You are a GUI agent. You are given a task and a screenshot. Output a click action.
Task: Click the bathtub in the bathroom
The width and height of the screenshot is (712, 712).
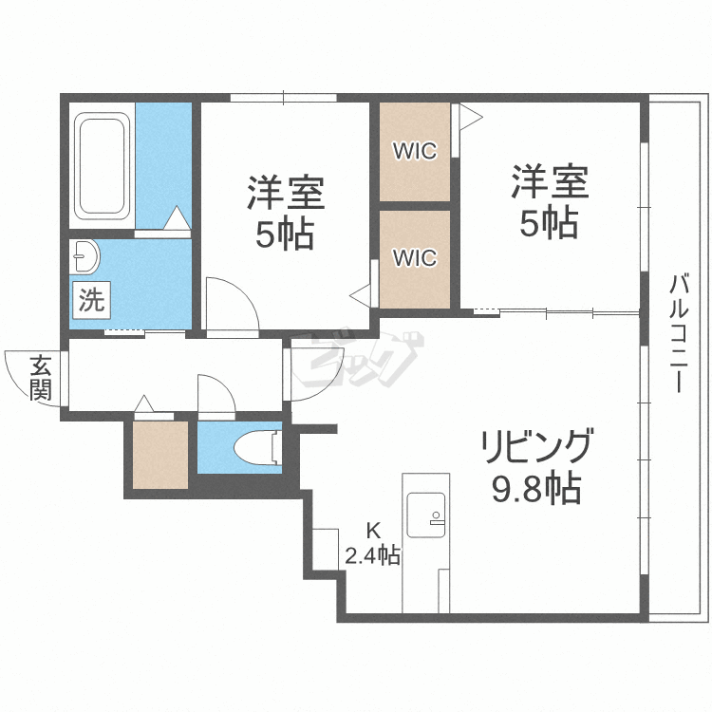(102, 166)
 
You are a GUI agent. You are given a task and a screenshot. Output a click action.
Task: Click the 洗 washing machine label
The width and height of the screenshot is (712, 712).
(91, 301)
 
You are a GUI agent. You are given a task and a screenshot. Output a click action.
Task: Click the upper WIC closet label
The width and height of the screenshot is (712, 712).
(415, 151)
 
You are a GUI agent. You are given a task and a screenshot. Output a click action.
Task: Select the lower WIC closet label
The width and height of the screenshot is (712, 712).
(415, 257)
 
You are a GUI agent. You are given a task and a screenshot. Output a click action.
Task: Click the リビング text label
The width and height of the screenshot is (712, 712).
(536, 446)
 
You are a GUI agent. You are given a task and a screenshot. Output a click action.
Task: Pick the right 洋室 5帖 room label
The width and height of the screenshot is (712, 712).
(550, 201)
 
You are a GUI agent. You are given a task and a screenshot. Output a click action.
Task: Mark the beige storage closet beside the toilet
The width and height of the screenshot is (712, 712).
(159, 454)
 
